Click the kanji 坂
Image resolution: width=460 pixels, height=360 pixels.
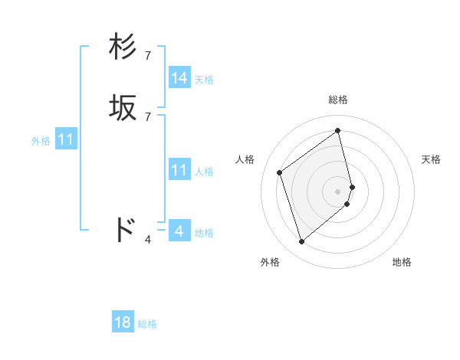pyautogui.click(x=123, y=109)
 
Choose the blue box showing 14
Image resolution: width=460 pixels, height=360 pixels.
pyautogui.click(x=179, y=78)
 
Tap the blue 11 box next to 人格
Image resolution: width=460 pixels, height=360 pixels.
pyautogui.click(x=179, y=170)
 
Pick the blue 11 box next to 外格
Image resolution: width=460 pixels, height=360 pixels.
pyautogui.click(x=66, y=140)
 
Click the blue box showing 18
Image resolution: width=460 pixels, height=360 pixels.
pyautogui.click(x=123, y=322)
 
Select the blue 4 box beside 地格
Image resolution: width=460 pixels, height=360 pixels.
pyautogui.click(x=179, y=231)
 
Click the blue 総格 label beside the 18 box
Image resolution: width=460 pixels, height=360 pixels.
pyautogui.click(x=147, y=324)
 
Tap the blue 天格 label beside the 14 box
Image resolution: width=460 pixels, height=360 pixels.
pyautogui.click(x=204, y=80)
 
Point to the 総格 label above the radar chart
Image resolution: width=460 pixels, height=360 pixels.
pyautogui.click(x=338, y=100)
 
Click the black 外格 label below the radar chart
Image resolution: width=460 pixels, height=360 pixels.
pyautogui.click(x=270, y=262)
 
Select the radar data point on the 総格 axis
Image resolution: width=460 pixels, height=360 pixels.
pyautogui.click(x=338, y=131)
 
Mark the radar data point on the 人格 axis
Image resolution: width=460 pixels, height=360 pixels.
pyautogui.click(x=280, y=172)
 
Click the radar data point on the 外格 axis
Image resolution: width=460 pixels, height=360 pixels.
pyautogui.click(x=301, y=242)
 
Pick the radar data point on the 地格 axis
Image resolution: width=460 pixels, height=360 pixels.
pyautogui.click(x=347, y=204)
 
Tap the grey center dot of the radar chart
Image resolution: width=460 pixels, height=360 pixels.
pyautogui.click(x=338, y=191)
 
